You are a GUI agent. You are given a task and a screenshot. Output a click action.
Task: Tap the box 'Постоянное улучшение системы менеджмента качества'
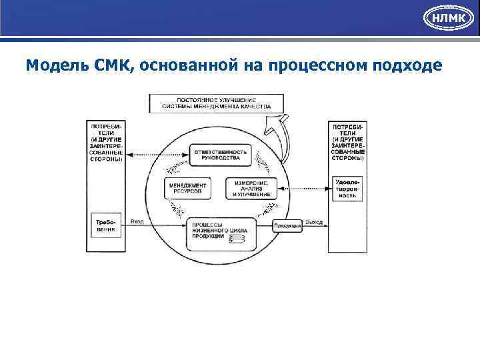click(216, 103)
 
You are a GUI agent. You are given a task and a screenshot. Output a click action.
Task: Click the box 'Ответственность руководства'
click(220, 155)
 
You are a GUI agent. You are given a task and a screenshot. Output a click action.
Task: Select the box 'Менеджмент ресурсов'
click(187, 188)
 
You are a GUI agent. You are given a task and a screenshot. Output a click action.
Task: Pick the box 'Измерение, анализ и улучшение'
click(251, 188)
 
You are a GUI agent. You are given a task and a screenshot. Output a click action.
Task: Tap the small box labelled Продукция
click(288, 226)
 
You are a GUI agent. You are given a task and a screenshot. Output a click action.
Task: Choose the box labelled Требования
click(105, 225)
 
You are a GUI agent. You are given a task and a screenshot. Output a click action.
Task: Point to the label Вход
click(137, 221)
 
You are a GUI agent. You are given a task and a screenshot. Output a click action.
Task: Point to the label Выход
click(314, 221)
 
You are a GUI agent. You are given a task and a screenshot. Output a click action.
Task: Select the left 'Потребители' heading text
click(105, 142)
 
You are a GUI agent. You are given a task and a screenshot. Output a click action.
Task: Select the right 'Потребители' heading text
click(347, 142)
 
